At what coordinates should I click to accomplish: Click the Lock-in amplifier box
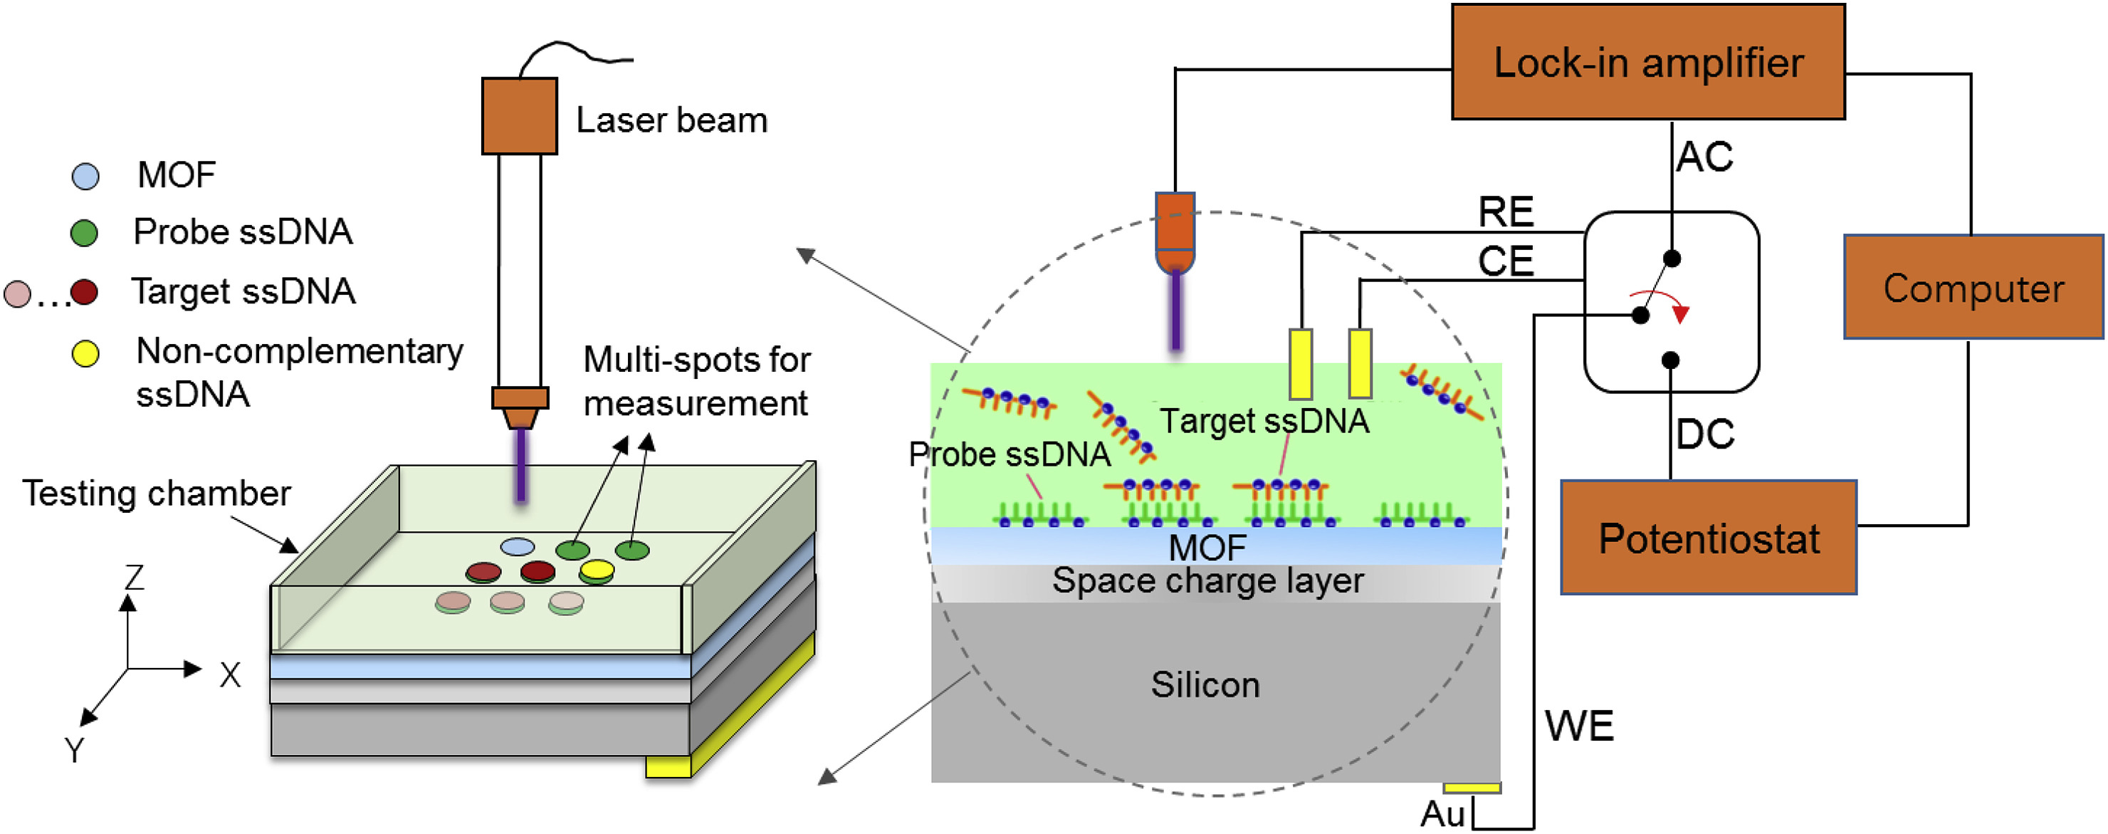click(x=1647, y=62)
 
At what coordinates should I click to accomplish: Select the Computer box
click(x=1973, y=287)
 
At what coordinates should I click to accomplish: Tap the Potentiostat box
click(x=1708, y=538)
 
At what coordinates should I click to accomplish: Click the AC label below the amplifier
click(x=1704, y=156)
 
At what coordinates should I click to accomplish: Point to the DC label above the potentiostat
click(x=1704, y=434)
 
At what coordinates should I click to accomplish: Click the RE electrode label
click(x=1506, y=212)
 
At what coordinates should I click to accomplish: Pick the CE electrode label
click(x=1506, y=262)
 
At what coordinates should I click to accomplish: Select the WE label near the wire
click(x=1578, y=726)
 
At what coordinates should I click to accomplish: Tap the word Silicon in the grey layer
click(x=1205, y=684)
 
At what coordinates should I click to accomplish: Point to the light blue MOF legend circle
click(x=86, y=176)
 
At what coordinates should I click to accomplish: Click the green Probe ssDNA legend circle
click(x=84, y=234)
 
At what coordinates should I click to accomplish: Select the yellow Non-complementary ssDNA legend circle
click(x=85, y=353)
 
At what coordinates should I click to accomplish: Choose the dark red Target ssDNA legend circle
click(x=84, y=292)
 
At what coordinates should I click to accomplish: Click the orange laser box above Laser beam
click(x=519, y=115)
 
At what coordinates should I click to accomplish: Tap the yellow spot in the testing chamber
click(x=597, y=568)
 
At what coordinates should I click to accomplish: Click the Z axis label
click(x=135, y=577)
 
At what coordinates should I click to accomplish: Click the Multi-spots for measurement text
click(x=696, y=382)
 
